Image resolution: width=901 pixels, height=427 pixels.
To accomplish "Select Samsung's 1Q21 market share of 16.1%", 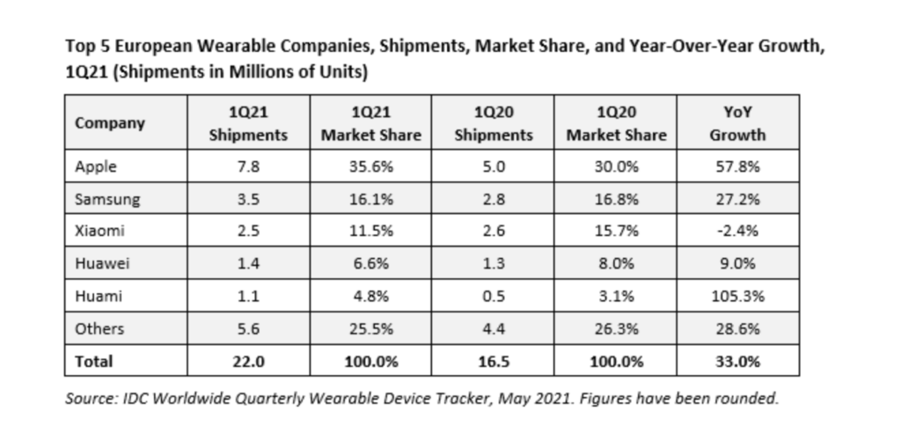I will [370, 199].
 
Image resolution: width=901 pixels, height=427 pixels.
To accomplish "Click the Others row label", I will [99, 329].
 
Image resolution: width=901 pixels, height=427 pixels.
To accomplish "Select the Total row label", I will [94, 361].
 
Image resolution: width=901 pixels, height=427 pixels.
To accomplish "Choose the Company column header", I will [110, 123].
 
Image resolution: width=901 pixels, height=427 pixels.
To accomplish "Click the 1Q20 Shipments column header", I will [494, 124].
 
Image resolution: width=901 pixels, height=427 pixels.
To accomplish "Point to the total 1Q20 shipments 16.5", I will [494, 361].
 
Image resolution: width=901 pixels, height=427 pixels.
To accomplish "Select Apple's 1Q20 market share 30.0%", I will [616, 166].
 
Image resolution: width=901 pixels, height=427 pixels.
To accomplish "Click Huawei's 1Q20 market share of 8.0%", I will [616, 264].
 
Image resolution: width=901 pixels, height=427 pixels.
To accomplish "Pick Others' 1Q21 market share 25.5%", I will [370, 329].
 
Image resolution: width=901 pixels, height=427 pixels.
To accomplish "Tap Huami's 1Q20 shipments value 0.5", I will [494, 297].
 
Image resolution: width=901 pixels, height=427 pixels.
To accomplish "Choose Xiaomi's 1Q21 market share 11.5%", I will [370, 232].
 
